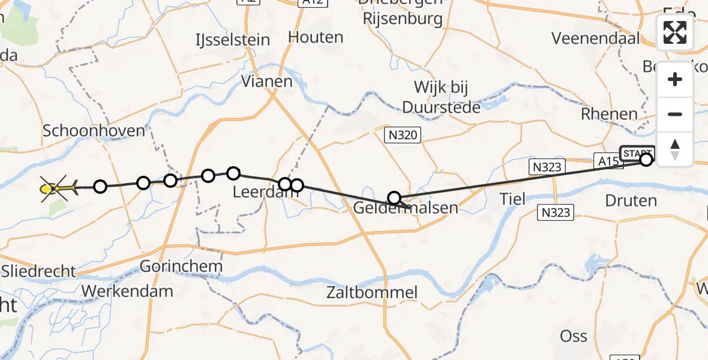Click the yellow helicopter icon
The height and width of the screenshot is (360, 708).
click(58, 188)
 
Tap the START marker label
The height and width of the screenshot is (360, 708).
click(637, 152)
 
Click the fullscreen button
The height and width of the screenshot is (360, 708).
click(675, 32)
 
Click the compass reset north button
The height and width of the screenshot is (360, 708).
click(675, 149)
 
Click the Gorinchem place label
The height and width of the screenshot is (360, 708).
click(181, 266)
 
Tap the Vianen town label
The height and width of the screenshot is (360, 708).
click(266, 81)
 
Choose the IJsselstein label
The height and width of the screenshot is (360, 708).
click(232, 40)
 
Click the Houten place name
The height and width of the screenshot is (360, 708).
click(316, 37)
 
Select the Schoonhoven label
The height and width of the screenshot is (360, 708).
click(94, 131)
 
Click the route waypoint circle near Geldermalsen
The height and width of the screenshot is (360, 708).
click(394, 198)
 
